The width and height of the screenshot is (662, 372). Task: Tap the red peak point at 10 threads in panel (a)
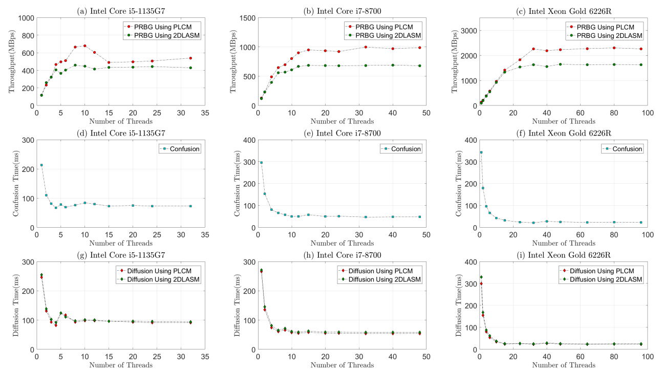coord(85,46)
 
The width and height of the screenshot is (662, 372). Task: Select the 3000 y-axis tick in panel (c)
coord(470,30)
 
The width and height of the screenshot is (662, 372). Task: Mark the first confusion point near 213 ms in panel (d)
coord(41,165)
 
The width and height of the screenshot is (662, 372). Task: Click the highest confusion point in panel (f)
coord(481,152)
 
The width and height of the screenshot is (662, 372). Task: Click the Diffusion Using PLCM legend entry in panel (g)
coord(160,270)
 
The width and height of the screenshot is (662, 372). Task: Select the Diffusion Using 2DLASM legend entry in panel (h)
coord(381,279)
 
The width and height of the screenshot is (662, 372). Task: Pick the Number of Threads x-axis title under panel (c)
coord(563,121)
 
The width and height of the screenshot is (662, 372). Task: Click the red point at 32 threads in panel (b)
coord(366,47)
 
